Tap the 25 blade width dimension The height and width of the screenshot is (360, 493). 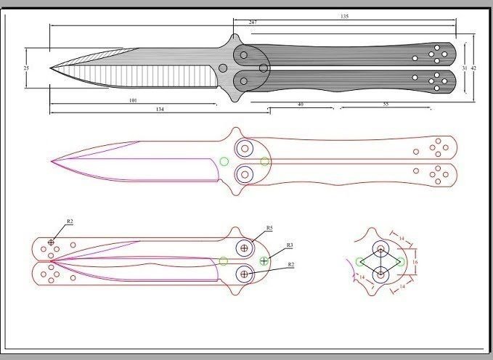point(26,67)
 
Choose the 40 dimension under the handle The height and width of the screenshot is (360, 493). point(300,104)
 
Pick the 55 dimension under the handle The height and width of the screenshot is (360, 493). point(385,105)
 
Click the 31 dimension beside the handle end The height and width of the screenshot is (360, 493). point(464,67)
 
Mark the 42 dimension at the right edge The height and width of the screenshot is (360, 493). point(473,67)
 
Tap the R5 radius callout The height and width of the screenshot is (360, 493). point(269,229)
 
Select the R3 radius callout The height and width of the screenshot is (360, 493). point(290,245)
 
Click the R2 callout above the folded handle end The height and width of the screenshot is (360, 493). point(70,220)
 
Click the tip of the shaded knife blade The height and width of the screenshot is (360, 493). point(51,70)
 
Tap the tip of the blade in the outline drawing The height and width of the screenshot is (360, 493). point(51,161)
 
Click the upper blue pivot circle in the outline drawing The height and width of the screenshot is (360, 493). point(244,148)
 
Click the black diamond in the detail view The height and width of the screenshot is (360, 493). point(380,261)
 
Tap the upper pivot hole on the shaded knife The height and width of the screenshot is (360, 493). point(243,54)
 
